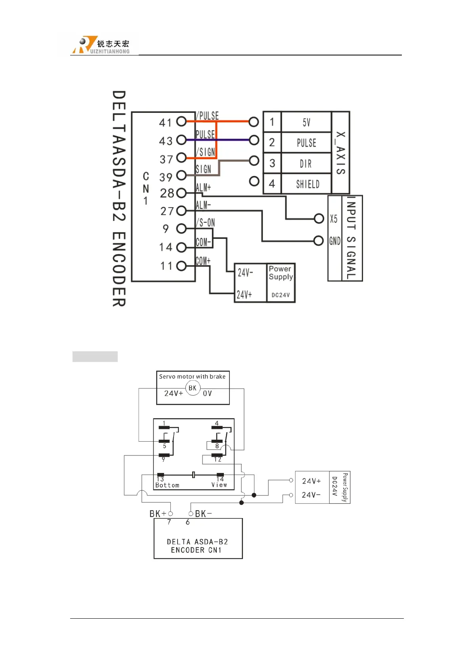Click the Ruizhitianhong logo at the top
[x=101, y=45]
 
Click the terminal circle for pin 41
[x=182, y=121]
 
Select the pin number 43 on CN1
[x=166, y=141]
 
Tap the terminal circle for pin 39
[x=182, y=175]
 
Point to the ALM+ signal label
[x=203, y=187]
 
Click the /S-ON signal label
[x=206, y=223]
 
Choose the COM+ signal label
[x=203, y=261]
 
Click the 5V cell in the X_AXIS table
[x=306, y=122]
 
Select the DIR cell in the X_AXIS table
[x=306, y=164]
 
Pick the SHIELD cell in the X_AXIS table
[x=308, y=184]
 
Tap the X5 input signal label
[x=334, y=219]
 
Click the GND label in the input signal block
[x=335, y=241]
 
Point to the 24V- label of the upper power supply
[x=245, y=273]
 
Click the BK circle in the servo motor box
[x=193, y=388]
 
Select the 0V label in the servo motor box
[x=207, y=394]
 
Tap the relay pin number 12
[x=218, y=459]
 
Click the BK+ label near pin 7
[x=158, y=514]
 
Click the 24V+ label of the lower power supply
[x=311, y=481]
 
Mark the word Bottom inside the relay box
[x=167, y=485]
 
